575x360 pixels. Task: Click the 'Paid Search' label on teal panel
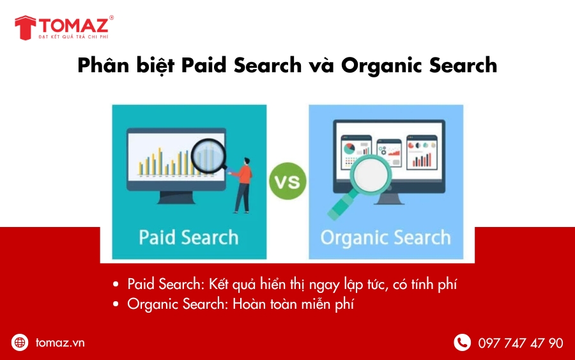(188, 237)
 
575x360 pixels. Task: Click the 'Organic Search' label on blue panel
(385, 238)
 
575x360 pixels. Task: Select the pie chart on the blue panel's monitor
(349, 148)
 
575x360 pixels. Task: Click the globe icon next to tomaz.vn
(20, 343)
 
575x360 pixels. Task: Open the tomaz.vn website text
(60, 343)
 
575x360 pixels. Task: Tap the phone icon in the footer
(462, 343)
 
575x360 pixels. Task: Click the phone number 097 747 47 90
(521, 343)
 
